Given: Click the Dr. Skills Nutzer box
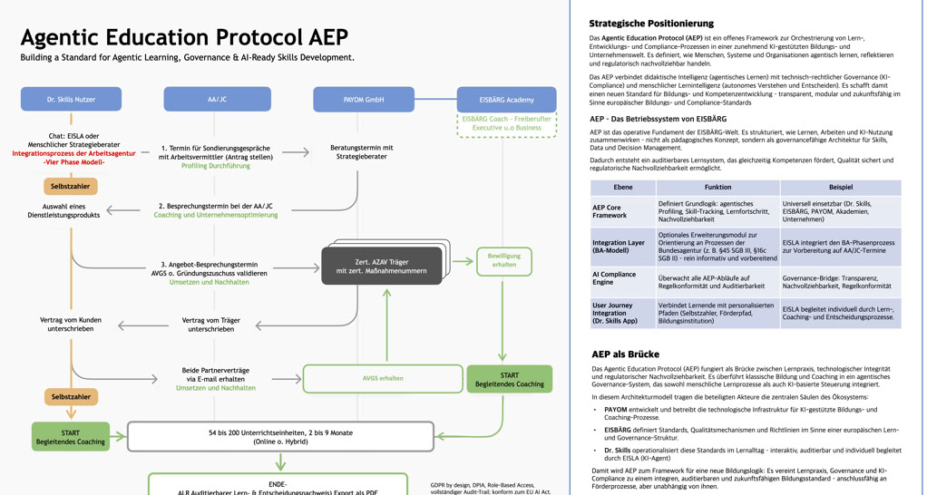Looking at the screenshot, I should [71, 99].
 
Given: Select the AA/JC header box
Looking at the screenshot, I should [217, 99].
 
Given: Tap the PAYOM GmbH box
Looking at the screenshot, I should [363, 99].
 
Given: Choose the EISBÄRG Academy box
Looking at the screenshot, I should [507, 99].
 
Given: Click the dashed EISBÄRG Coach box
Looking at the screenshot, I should [507, 123].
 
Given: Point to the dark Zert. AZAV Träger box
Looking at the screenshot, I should [382, 266].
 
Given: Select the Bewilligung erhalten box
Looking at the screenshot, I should [503, 261].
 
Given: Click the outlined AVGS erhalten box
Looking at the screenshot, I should [382, 378].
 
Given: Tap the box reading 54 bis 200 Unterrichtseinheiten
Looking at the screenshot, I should [280, 437].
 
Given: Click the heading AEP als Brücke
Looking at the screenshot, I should [625, 354].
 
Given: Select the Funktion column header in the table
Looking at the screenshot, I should [717, 187].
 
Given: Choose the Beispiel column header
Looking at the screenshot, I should [840, 187].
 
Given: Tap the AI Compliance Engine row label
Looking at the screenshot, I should [614, 278].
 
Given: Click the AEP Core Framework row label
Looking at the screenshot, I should [610, 211].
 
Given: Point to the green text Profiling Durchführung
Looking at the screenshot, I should [216, 166].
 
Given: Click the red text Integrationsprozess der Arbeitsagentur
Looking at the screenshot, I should [73, 153].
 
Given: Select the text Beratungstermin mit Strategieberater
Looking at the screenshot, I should [362, 151].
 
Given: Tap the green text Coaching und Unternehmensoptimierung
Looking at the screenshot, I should [216, 215].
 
